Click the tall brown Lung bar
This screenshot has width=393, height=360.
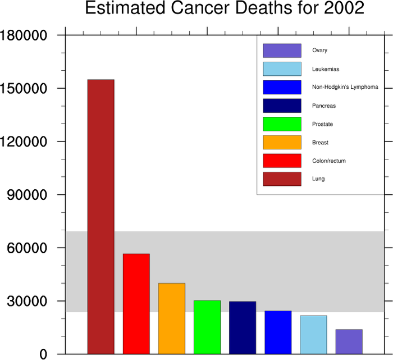(x=100, y=216)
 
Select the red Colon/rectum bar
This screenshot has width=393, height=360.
(x=136, y=303)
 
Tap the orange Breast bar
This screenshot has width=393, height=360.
(x=172, y=318)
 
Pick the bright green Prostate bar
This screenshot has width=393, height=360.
(x=207, y=327)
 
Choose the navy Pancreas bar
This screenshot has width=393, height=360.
(x=243, y=327)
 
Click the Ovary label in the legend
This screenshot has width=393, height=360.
(x=319, y=51)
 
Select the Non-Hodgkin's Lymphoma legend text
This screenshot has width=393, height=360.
(x=345, y=87)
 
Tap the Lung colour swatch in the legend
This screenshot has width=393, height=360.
(x=282, y=179)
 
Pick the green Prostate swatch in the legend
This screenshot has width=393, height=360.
(x=282, y=124)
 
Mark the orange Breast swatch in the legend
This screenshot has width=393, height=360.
(x=282, y=142)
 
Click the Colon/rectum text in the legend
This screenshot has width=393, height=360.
(x=328, y=161)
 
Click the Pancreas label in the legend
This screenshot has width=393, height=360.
(x=323, y=106)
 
